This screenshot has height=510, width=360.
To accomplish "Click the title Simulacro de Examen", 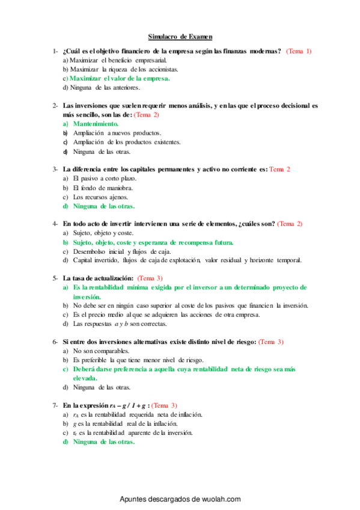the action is point(180,36).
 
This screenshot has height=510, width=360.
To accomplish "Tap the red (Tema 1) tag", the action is point(299,51).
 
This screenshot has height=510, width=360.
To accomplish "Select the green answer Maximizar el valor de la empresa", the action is point(120,78).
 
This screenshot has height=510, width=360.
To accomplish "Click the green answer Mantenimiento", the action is point(96,123).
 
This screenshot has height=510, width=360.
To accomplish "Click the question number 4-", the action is point(55,224).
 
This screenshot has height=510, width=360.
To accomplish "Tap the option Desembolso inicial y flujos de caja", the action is point(122,251).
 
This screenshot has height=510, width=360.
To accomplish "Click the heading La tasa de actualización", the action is point(99,278).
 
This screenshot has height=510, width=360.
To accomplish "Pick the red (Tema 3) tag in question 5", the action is point(150,278).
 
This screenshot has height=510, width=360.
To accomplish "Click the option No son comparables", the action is point(101,351).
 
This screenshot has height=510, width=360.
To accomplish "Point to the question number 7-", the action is point(55,405).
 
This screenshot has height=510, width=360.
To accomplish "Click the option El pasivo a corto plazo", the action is point(105,179).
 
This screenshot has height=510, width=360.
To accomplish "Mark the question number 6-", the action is point(55,342).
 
